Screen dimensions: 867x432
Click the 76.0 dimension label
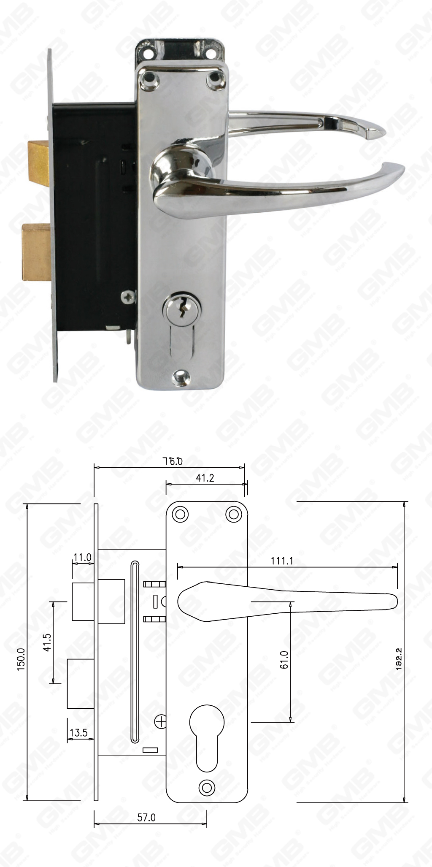tap(173, 461)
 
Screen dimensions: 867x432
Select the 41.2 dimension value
tap(205, 477)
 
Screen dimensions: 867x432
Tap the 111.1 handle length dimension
tap(282, 561)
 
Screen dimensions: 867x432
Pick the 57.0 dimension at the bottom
tap(146, 818)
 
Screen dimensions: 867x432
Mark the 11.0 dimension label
tap(82, 558)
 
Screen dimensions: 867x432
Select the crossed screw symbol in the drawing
tap(160, 722)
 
